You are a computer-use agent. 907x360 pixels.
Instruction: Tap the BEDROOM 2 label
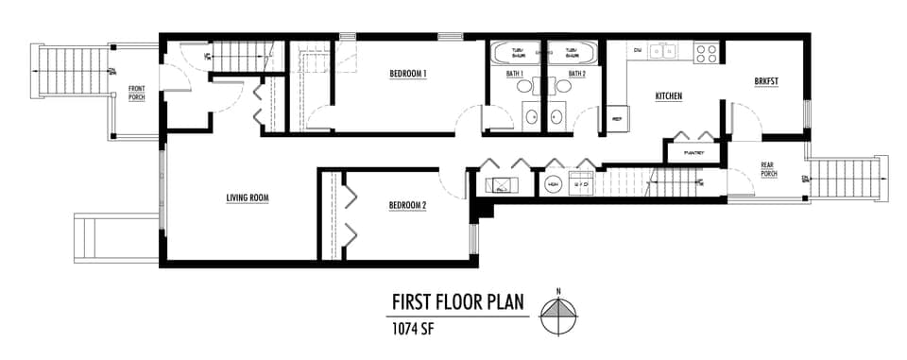[x=408, y=204]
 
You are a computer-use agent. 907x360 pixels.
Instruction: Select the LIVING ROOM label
[x=248, y=197]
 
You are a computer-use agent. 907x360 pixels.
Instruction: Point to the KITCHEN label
[x=669, y=96]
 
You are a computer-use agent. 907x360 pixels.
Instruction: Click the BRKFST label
[x=766, y=81]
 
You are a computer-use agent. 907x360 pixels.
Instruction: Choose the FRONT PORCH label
[x=137, y=93]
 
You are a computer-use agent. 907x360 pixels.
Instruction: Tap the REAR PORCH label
[x=769, y=169]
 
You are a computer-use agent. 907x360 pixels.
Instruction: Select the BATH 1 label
[x=515, y=74]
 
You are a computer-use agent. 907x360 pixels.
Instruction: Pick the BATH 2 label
[x=577, y=74]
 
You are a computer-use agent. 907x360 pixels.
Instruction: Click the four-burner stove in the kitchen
[x=706, y=52]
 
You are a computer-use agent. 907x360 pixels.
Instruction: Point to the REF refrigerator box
[x=617, y=119]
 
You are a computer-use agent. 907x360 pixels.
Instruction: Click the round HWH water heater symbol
[x=551, y=183]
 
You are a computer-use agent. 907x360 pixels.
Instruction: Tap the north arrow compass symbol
[x=559, y=314]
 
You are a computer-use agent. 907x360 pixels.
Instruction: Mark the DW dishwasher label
[x=638, y=49]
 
